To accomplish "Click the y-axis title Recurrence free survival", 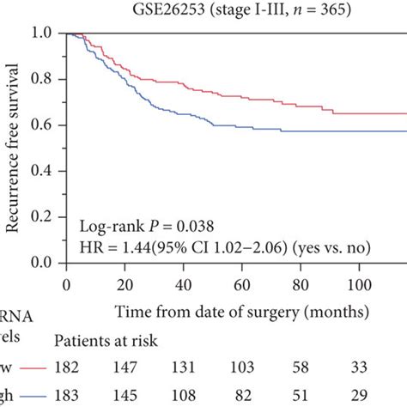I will pyautogui.click(x=15, y=151).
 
